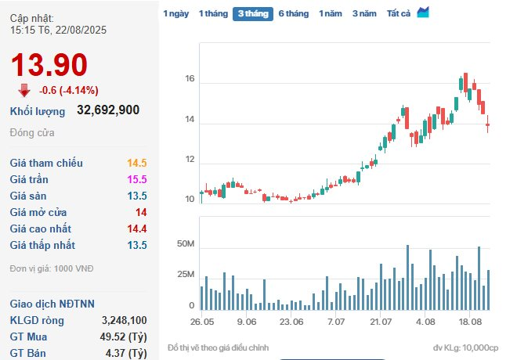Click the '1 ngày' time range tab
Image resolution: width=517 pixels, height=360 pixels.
pos(175,13)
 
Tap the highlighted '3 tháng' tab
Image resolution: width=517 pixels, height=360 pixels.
pos(252,13)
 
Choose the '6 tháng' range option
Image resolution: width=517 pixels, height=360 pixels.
pos(293,13)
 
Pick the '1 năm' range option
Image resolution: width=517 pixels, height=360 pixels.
pos(331,13)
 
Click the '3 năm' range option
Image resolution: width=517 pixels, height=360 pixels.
pos(364,13)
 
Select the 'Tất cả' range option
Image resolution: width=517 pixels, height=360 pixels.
pos(399,13)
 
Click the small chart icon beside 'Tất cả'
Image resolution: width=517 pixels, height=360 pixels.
pos(423,12)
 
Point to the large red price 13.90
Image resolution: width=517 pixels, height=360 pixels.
pos(49,65)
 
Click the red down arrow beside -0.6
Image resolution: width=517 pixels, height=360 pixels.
pos(24,89)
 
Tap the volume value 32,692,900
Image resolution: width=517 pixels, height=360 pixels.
pos(108,110)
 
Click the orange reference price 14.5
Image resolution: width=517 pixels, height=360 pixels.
pos(137,163)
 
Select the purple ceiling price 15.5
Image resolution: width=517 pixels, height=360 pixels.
pos(137,179)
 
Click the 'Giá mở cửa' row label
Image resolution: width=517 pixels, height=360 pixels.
pos(38,212)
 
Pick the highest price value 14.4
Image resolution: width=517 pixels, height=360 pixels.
pos(137,229)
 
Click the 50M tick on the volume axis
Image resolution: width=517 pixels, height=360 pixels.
pos(185,245)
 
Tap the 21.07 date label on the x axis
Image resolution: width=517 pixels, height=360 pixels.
pos(381,321)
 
